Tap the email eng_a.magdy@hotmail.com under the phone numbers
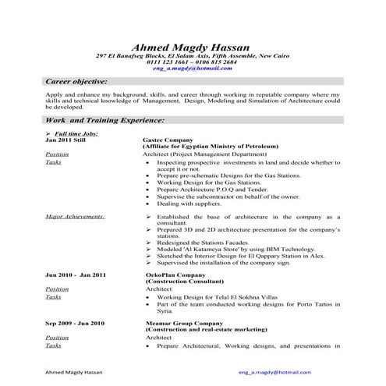[193, 69]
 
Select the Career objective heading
[76, 81]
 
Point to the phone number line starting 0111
[193, 62]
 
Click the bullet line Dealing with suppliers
[188, 203]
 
